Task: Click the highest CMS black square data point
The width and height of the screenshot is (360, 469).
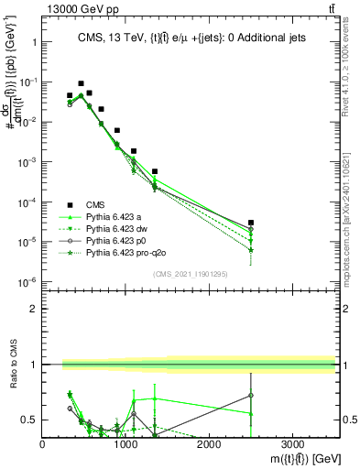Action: [x=81, y=83]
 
